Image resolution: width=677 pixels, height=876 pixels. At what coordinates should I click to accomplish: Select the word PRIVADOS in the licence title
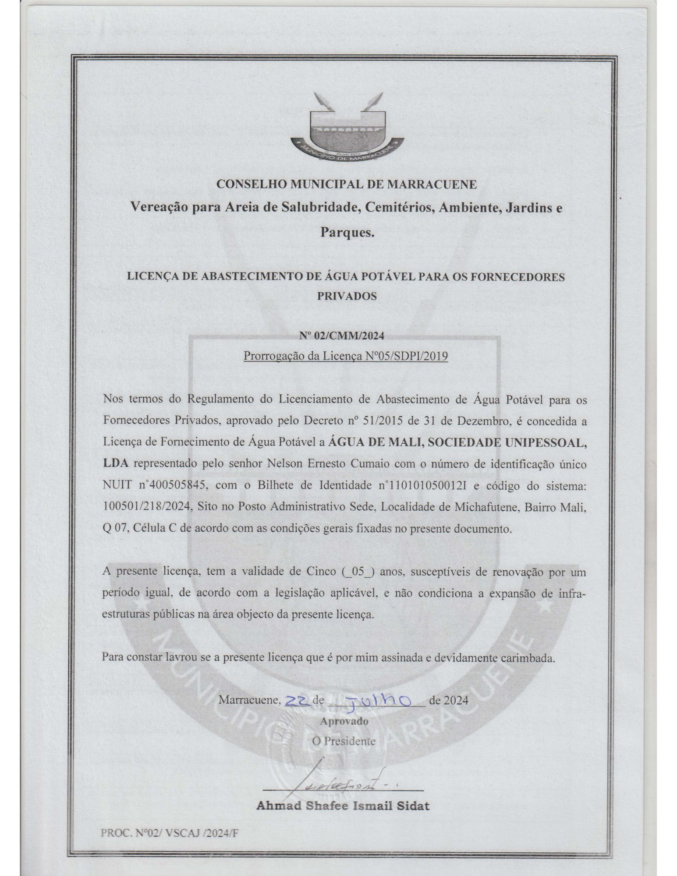347,296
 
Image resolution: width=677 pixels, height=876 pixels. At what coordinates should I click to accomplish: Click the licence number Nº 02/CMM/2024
342,336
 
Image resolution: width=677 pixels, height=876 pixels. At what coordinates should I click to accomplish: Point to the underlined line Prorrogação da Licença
345,356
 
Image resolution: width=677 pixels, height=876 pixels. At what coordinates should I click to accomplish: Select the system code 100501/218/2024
147,506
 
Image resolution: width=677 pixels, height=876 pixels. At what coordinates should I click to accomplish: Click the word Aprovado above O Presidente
344,721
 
